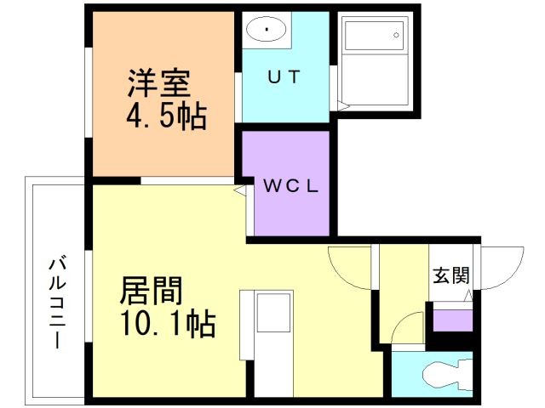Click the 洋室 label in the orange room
click(159, 83)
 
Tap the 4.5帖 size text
click(167, 116)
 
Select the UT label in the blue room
click(284, 76)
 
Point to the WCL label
click(290, 186)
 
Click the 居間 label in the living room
click(152, 291)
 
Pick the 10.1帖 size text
click(169, 324)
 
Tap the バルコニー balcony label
click(57, 303)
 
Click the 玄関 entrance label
click(451, 275)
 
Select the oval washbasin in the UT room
click(266, 29)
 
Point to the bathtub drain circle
click(396, 35)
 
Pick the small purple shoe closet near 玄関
click(452, 320)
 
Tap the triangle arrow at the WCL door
click(239, 190)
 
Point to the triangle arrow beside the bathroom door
click(343, 106)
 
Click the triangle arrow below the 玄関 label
click(468, 296)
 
